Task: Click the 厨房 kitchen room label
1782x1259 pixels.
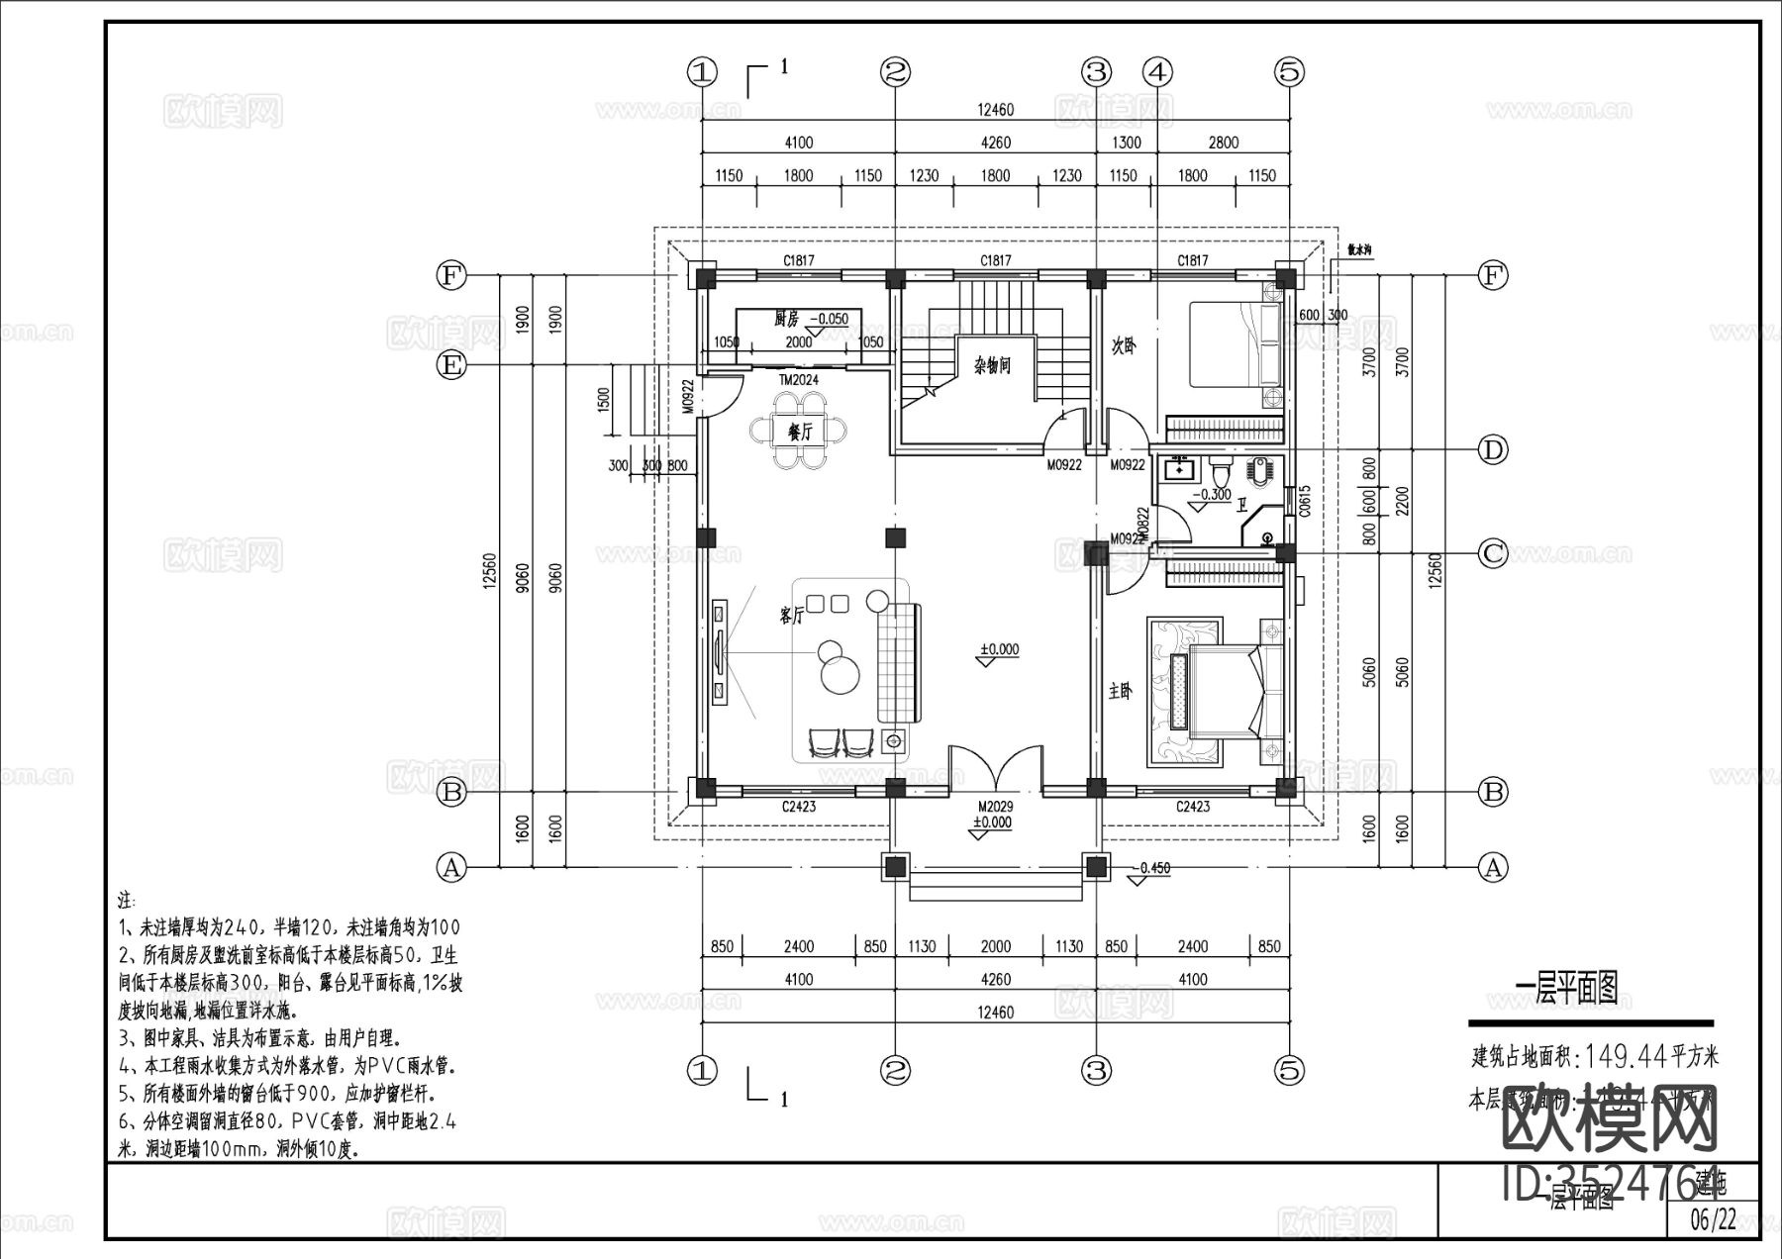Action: click(x=786, y=319)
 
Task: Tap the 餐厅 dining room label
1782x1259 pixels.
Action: click(x=799, y=432)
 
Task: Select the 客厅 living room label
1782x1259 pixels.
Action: click(x=791, y=616)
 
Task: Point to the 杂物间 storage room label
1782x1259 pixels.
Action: click(x=991, y=366)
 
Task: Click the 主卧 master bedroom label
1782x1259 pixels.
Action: click(x=1120, y=691)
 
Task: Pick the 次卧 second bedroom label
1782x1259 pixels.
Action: click(x=1124, y=347)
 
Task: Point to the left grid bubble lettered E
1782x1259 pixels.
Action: click(x=451, y=366)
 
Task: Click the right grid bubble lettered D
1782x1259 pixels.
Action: click(x=1492, y=450)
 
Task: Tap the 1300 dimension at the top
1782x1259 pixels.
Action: click(x=1127, y=143)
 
